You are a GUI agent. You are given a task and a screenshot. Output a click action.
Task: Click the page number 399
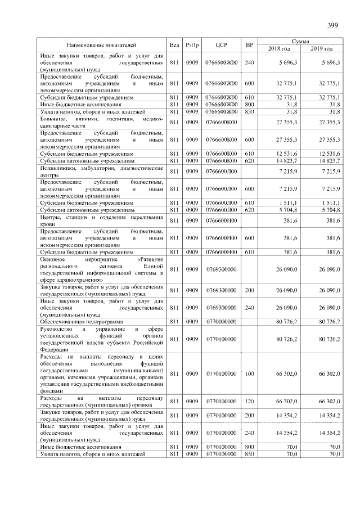click(x=332, y=25)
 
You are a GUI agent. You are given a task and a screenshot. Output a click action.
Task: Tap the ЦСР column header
click(x=220, y=44)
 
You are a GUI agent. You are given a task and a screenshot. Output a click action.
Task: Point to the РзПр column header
click(x=192, y=44)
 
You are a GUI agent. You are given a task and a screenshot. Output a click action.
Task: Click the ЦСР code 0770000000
click(x=221, y=321)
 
